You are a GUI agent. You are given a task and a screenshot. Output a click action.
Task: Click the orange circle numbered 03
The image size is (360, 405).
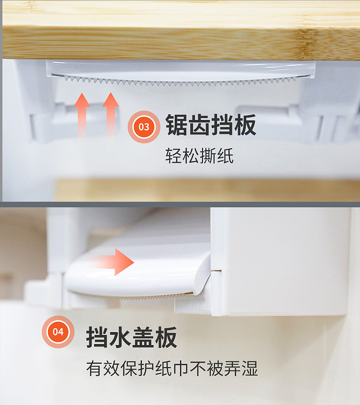coord(144,127)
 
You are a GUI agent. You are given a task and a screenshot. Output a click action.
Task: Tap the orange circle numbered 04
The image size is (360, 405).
coord(58,332)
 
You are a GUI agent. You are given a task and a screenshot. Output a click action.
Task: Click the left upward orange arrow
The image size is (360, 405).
coord(82,115)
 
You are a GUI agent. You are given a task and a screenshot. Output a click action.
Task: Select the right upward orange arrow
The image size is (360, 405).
coord(110,115)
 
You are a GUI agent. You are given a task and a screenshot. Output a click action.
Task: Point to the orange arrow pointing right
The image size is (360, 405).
coord(114,262)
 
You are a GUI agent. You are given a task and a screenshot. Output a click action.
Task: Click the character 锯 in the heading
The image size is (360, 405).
coord(177,125)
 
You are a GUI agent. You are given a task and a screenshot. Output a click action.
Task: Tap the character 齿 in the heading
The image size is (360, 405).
coord(200,125)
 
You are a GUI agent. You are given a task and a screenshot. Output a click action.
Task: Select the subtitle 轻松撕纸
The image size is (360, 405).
coord(200,156)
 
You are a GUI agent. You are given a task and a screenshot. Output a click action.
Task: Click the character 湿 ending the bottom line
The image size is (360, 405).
coord(250,369)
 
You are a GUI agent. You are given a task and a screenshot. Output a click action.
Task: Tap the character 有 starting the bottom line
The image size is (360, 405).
coord(95,369)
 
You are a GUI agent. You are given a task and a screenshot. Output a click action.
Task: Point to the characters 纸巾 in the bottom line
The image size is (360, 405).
coord(172,369)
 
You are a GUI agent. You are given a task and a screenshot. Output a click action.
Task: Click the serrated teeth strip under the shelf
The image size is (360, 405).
coord(187,81)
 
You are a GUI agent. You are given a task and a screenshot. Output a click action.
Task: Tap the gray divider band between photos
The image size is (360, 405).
coord(180,204)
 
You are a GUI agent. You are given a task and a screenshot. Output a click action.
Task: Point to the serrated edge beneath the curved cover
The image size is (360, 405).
coord(129,297)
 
